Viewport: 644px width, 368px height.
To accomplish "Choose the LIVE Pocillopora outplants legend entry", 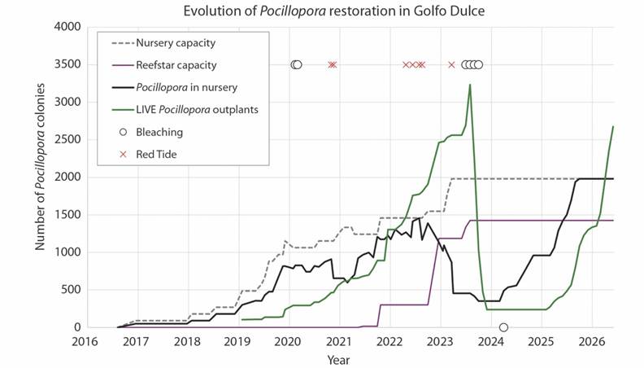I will coord(198,109).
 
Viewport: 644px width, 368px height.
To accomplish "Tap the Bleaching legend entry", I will coord(159,131).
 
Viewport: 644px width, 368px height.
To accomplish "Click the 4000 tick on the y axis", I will coord(66,27).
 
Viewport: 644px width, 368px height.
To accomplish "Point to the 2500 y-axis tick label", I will coord(66,140).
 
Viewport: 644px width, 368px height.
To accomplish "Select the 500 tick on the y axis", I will coord(69,290).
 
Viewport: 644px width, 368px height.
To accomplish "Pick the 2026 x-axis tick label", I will coord(591,342).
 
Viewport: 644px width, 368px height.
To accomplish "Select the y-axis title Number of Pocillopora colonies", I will coord(40,177).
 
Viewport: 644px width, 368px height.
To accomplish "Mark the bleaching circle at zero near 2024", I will coord(503,327).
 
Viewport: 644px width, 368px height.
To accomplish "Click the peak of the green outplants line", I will coord(470,85).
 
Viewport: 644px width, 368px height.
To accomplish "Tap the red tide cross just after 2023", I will coord(451,65).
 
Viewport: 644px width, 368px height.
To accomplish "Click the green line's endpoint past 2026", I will coord(613,127).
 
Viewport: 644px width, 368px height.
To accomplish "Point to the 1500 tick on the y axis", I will coord(66,215).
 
